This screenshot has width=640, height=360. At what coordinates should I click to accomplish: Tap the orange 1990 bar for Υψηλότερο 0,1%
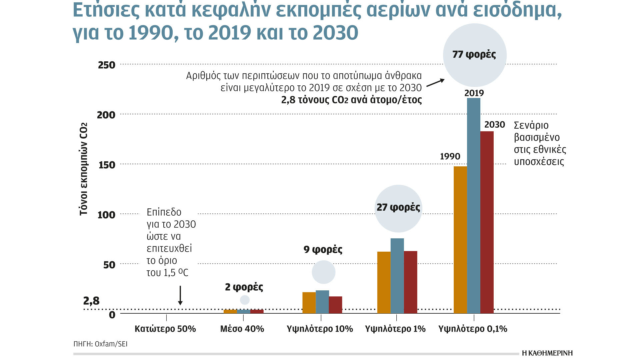pyautogui.click(x=460, y=240)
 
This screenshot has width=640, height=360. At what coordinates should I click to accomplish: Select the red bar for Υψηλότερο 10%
pyautogui.click(x=335, y=305)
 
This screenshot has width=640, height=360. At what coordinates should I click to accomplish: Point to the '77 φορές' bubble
pyautogui.click(x=474, y=55)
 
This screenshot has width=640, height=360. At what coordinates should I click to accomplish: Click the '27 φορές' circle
pyautogui.click(x=398, y=208)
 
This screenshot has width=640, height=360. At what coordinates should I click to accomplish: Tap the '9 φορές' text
pyautogui.click(x=323, y=250)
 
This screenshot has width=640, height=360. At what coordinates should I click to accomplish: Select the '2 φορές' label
pyautogui.click(x=244, y=287)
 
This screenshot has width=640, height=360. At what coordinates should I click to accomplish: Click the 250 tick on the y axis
pyautogui.click(x=107, y=65)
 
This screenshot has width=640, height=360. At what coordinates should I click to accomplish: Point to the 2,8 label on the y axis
pyautogui.click(x=91, y=301)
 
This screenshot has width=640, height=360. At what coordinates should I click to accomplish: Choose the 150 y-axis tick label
pyautogui.click(x=107, y=165)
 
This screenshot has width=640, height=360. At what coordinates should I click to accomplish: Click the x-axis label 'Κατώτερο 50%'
pyautogui.click(x=165, y=329)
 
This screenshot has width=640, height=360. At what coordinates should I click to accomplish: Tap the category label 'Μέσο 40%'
pyautogui.click(x=242, y=329)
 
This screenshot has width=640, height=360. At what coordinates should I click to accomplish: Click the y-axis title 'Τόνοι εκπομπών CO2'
pyautogui.click(x=83, y=169)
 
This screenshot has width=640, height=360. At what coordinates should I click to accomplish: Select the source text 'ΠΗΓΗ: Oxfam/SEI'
pyautogui.click(x=101, y=344)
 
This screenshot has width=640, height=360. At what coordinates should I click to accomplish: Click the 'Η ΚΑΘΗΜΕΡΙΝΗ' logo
pyautogui.click(x=547, y=353)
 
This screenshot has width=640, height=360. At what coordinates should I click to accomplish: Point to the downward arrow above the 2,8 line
pyautogui.click(x=180, y=295)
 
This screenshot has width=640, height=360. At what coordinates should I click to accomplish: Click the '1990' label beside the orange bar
pyautogui.click(x=450, y=156)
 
